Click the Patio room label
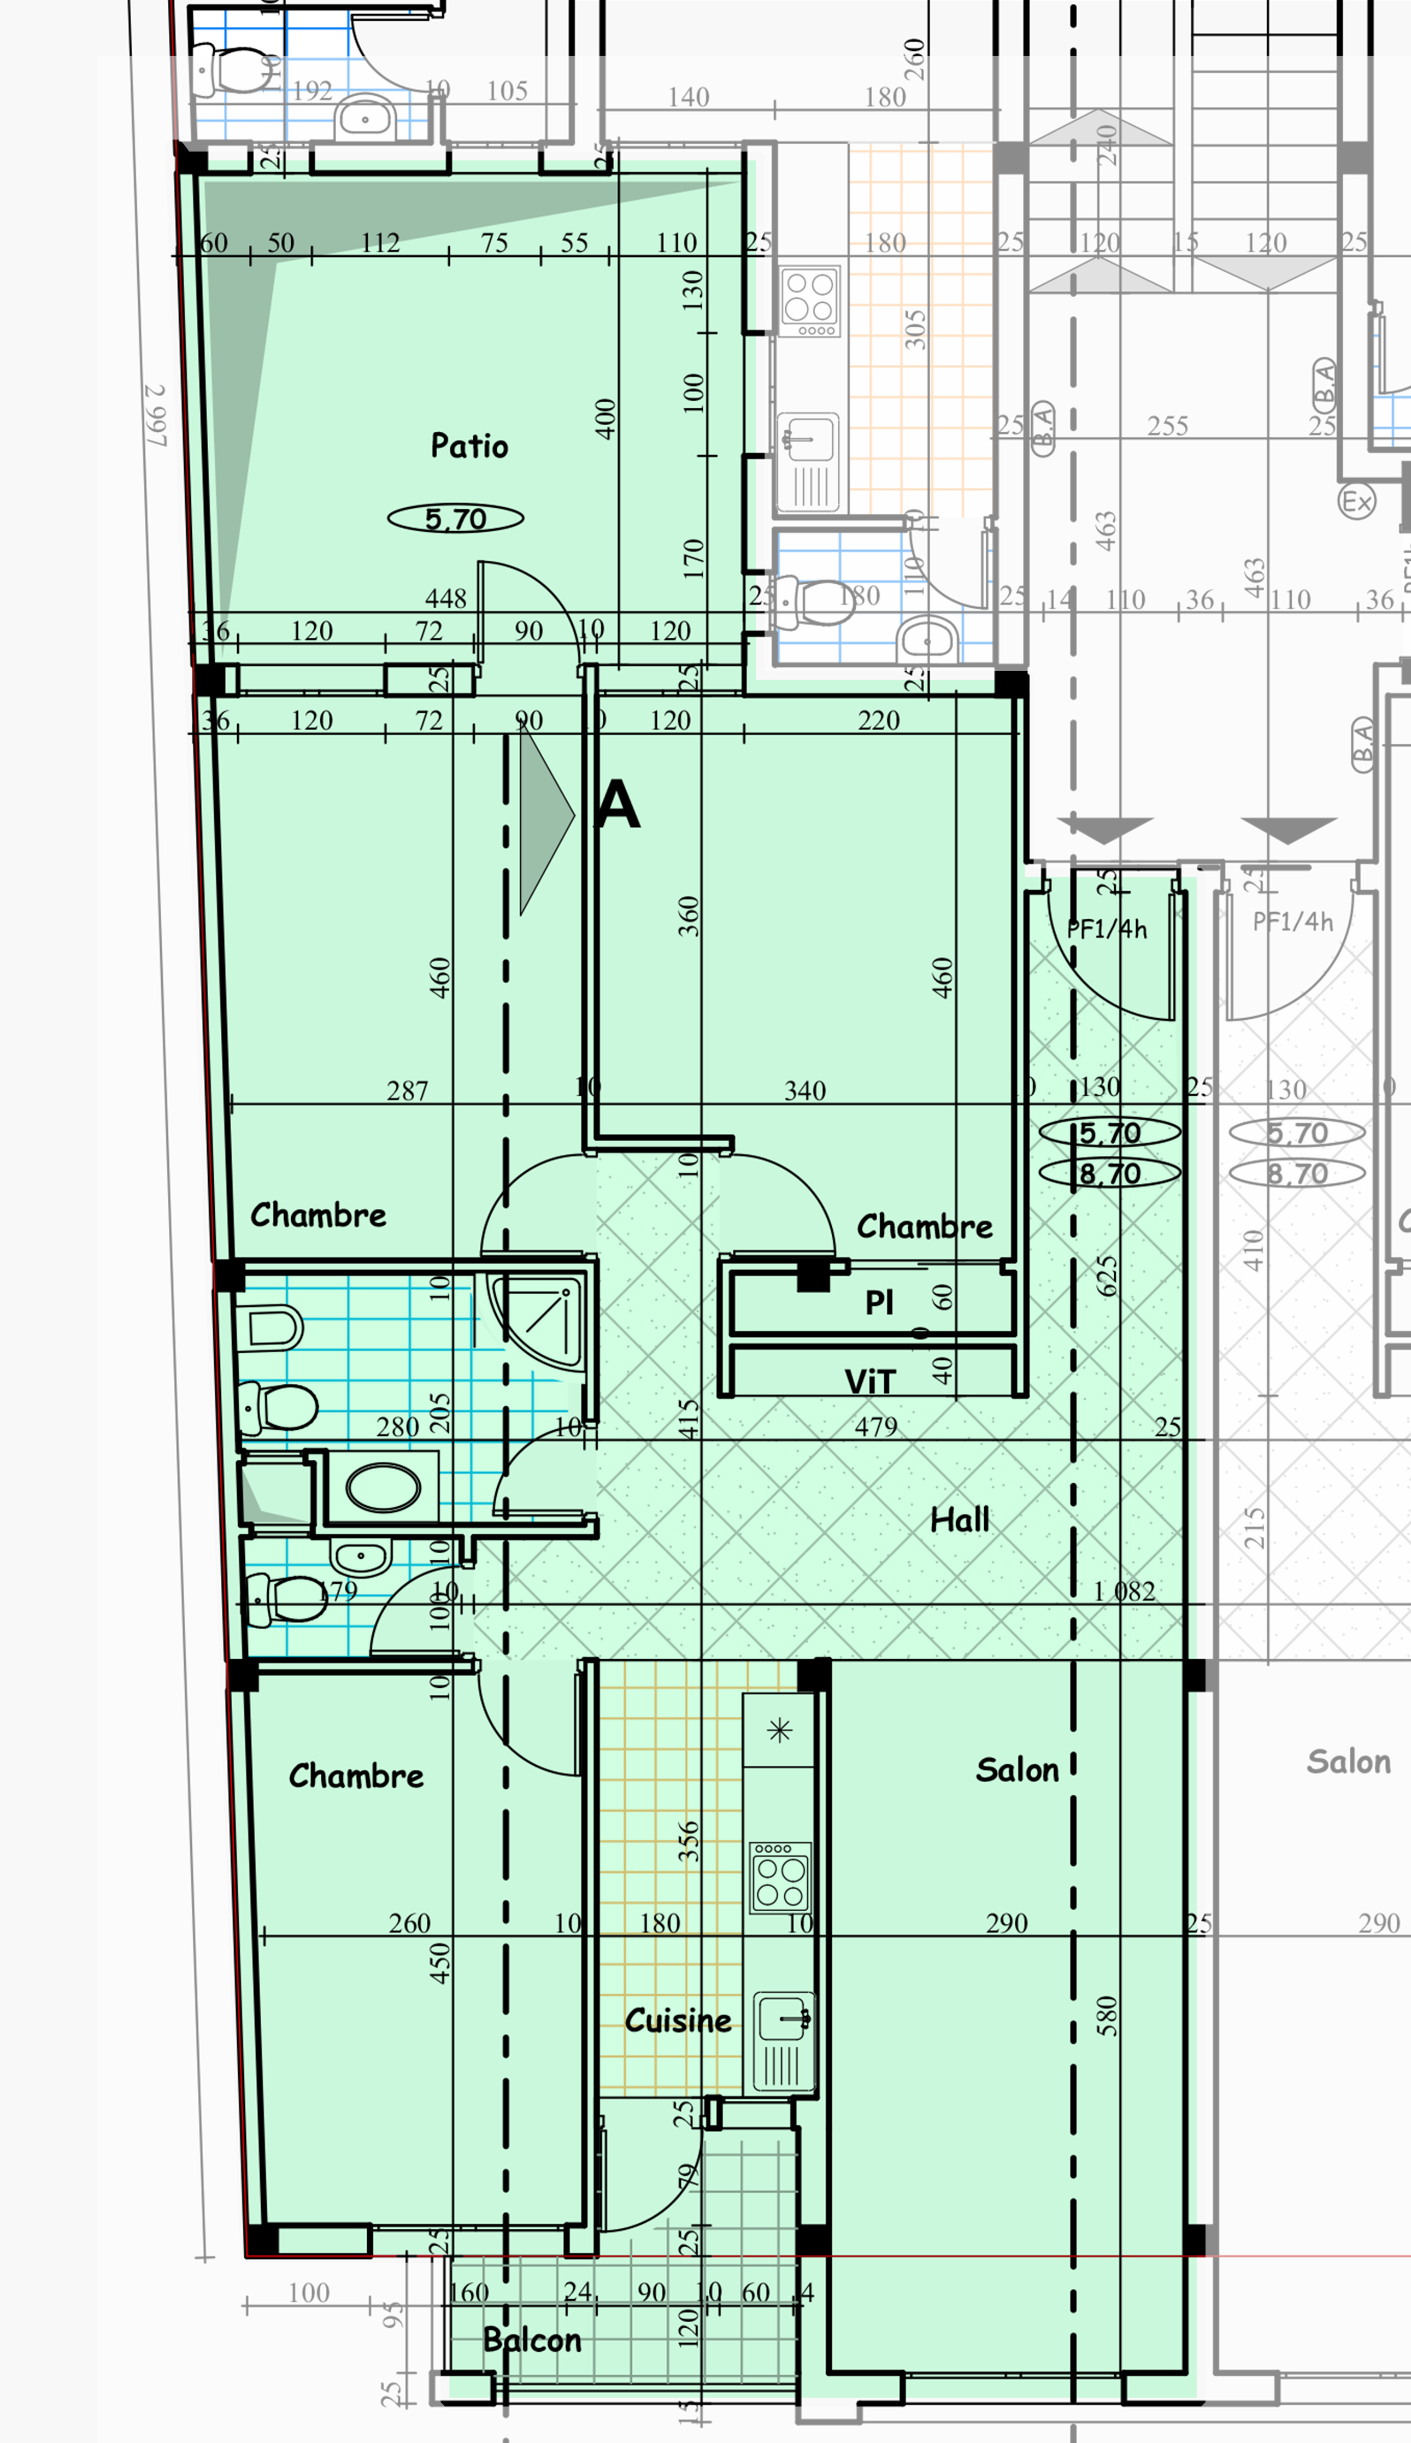(x=469, y=446)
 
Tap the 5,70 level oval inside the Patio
(x=455, y=519)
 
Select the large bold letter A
(x=618, y=805)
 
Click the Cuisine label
(x=678, y=2021)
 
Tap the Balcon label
(x=532, y=2340)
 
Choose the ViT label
(x=869, y=1382)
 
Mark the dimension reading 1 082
(x=1124, y=1591)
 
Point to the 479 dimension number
(x=875, y=1426)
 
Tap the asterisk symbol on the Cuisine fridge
(x=779, y=1731)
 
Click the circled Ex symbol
(x=1357, y=501)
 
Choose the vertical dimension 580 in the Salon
(x=1107, y=2016)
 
